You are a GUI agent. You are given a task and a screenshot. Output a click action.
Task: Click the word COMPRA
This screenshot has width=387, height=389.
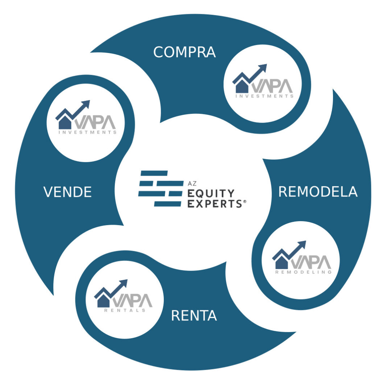point(184,52)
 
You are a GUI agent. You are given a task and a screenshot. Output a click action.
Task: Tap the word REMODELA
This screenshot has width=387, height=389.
point(318,191)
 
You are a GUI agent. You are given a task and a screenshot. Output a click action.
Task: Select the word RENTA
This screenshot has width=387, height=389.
point(194,315)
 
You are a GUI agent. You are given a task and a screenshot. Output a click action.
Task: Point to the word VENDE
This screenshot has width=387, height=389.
point(67,192)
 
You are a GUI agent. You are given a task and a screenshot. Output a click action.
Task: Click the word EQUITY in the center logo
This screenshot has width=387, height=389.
point(211,193)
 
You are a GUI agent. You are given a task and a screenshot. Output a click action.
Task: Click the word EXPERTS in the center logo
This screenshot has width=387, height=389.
point(215,204)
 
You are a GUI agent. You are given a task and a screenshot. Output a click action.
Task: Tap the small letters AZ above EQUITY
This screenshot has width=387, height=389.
point(192,183)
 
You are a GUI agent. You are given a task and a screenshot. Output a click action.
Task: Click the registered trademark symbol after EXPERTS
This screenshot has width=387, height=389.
point(245,202)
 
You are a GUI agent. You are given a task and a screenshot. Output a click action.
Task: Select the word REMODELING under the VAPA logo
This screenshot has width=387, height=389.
point(303,272)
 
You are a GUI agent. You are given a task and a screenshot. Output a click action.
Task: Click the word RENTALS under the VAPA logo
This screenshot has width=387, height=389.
point(125,310)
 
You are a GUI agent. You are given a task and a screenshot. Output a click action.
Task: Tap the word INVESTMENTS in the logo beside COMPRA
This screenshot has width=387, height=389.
point(265,96)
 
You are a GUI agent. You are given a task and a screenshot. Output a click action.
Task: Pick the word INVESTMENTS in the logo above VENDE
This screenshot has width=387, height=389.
point(88,132)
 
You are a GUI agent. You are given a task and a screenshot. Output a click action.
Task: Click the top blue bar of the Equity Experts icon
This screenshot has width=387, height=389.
point(154,173)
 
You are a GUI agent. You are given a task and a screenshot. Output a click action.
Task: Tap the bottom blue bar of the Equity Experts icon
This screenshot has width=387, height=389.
point(168,204)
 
